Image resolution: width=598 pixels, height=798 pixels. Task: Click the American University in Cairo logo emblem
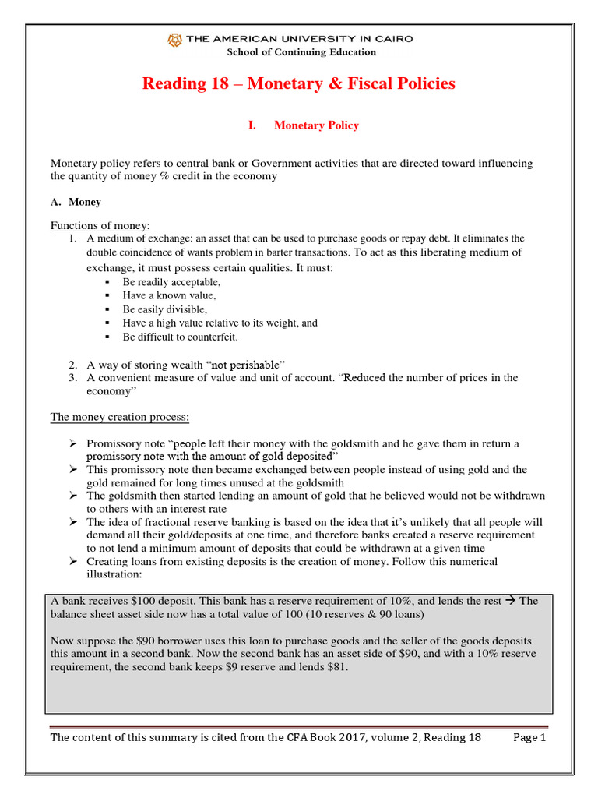tap(176, 39)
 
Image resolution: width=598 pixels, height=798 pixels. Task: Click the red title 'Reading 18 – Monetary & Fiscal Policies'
tap(298, 83)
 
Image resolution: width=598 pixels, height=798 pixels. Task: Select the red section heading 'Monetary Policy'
tap(316, 125)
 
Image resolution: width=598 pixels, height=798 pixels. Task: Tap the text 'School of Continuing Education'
tap(301, 52)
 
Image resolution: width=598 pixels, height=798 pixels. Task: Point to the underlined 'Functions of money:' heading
tap(100, 225)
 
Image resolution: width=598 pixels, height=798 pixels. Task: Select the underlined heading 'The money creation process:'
tap(120, 417)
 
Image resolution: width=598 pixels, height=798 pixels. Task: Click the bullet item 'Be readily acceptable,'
tap(171, 282)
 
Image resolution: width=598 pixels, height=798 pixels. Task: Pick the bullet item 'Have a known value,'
tap(169, 295)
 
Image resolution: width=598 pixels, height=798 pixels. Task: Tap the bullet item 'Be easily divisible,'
tap(165, 309)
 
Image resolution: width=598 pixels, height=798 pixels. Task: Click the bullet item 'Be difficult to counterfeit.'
tap(180, 337)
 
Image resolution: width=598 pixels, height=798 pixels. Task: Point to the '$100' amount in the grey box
tap(126, 601)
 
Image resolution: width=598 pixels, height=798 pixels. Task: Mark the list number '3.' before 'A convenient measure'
tap(72, 378)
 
